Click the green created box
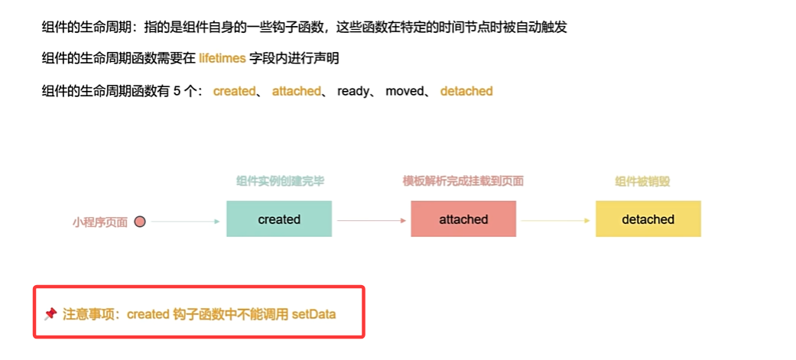tap(279, 219)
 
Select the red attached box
tap(463, 219)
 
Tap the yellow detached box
tap(648, 219)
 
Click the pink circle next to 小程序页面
tap(140, 222)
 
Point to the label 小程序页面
tap(100, 222)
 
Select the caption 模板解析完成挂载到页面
tap(463, 182)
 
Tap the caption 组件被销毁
tap(648, 182)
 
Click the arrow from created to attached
tap(371, 221)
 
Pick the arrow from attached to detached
tap(555, 221)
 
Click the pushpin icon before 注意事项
tap(50, 313)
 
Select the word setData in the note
tap(314, 313)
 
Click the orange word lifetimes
tap(223, 58)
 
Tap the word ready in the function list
tap(353, 91)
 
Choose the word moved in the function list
tap(404, 91)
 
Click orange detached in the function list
tap(466, 91)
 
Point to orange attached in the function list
tap(296, 91)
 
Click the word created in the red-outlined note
tap(148, 313)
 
